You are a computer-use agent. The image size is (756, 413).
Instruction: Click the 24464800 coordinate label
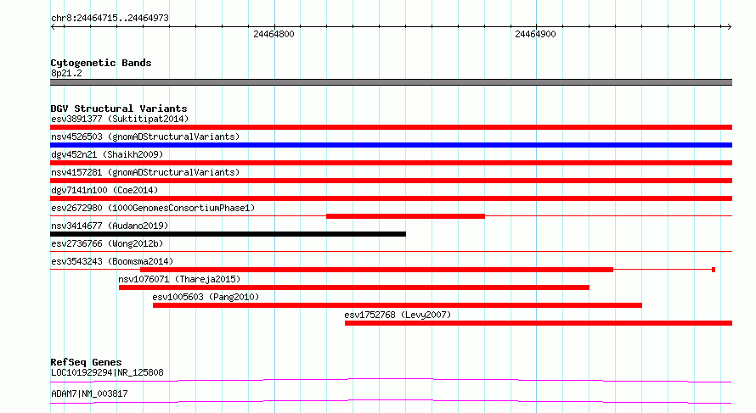[274, 34]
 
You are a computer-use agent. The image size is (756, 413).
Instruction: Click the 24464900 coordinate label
[535, 34]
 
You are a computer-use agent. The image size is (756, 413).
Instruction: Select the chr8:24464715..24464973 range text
[110, 19]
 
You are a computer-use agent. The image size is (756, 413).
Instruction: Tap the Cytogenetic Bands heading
[101, 63]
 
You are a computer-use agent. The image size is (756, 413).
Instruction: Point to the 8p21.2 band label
[66, 73]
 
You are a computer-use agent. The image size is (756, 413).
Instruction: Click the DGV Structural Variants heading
[119, 109]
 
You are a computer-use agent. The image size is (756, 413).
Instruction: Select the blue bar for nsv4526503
[391, 145]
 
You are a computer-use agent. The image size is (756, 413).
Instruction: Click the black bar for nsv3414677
[228, 234]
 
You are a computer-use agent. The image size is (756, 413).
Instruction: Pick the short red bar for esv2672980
[405, 216]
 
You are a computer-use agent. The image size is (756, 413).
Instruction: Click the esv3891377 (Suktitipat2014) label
[120, 119]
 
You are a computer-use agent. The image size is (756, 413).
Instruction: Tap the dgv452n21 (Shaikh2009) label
[107, 154]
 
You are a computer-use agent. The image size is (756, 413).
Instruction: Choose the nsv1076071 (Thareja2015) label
[179, 279]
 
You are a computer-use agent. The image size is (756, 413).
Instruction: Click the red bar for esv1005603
[398, 305]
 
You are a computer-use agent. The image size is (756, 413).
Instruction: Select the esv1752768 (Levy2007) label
[398, 315]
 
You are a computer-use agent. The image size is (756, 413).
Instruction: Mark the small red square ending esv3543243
[714, 270]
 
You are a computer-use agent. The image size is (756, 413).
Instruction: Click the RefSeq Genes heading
[87, 362]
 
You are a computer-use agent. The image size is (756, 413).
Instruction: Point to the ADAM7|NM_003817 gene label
[90, 393]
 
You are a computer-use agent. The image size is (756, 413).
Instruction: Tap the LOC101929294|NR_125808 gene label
[107, 372]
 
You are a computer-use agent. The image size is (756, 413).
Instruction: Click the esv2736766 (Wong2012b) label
[107, 243]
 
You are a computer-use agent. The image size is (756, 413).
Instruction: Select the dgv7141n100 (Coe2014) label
[104, 190]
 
